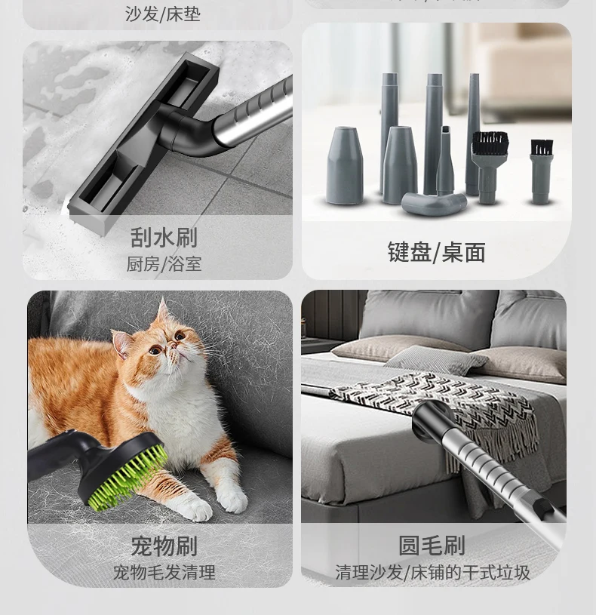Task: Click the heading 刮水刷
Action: (164, 238)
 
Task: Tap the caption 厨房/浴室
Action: (164, 264)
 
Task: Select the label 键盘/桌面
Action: (436, 252)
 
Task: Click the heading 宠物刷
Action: (164, 546)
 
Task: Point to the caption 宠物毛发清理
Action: (164, 572)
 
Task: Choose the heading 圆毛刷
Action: (432, 546)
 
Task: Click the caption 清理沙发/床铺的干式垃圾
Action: (432, 572)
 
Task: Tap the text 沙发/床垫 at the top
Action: (163, 14)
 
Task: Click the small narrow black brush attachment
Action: (541, 149)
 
